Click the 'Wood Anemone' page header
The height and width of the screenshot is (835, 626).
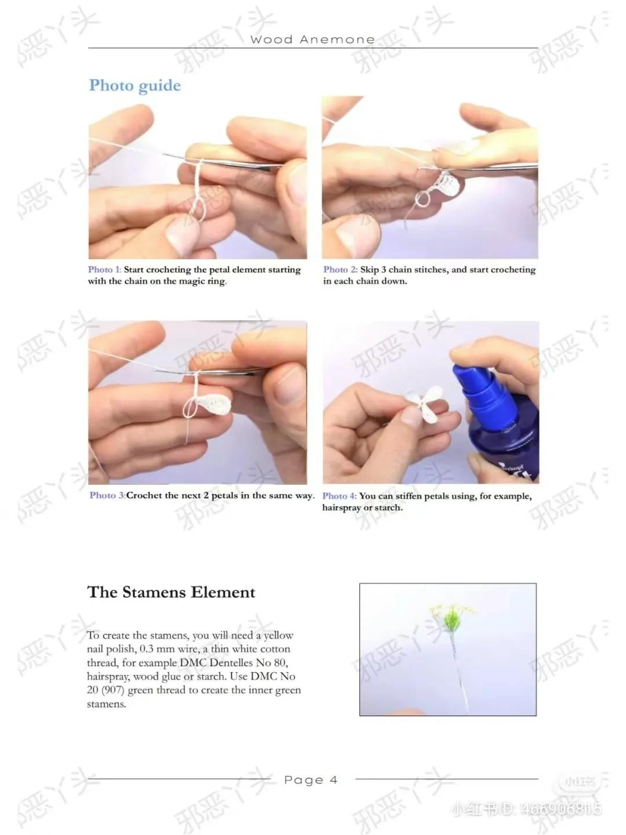pos(312,39)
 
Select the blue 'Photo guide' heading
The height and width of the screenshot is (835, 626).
pos(135,86)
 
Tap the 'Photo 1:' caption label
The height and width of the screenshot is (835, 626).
pos(104,269)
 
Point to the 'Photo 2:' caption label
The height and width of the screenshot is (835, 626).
pos(340,269)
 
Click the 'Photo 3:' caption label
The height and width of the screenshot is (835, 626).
pos(107,495)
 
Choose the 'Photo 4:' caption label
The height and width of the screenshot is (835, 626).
pos(340,496)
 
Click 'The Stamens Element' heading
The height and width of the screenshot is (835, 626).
pos(172,592)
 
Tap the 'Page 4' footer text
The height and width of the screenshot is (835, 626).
pos(311,780)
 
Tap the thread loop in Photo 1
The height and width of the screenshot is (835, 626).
pos(198,206)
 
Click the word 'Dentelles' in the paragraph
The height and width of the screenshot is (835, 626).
pos(231,662)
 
